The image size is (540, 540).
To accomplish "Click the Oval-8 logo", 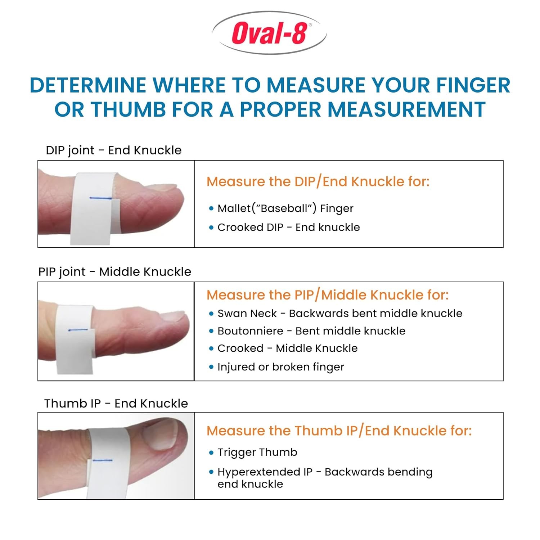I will pyautogui.click(x=270, y=33).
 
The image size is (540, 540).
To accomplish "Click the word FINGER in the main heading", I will pyautogui.click(x=473, y=86).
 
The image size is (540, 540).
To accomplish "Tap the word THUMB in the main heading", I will pyautogui.click(x=128, y=109).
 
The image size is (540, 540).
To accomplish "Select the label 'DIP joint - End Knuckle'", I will pyautogui.click(x=113, y=150).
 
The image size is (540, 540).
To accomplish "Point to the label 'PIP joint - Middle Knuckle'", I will pyautogui.click(x=114, y=271).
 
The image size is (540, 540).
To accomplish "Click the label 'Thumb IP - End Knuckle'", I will pyautogui.click(x=116, y=403).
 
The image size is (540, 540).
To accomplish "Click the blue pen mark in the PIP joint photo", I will pyautogui.click(x=78, y=329).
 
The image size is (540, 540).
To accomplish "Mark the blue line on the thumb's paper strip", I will pyautogui.click(x=103, y=460).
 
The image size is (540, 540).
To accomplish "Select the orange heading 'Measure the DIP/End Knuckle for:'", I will pyautogui.click(x=318, y=181).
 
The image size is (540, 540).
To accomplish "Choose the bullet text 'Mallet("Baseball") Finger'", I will pyautogui.click(x=285, y=208).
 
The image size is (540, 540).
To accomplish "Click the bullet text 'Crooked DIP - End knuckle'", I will pyautogui.click(x=288, y=227).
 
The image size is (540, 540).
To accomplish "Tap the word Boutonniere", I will pyautogui.click(x=250, y=331).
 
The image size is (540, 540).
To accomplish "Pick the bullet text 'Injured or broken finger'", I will pyautogui.click(x=280, y=367).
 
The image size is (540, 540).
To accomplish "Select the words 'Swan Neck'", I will pyautogui.click(x=247, y=313).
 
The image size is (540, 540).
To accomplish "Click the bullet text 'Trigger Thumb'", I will pyautogui.click(x=257, y=452).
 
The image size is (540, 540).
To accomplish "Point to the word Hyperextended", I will pyautogui.click(x=265, y=472).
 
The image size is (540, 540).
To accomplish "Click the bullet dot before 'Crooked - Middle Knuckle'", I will pyautogui.click(x=211, y=348).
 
